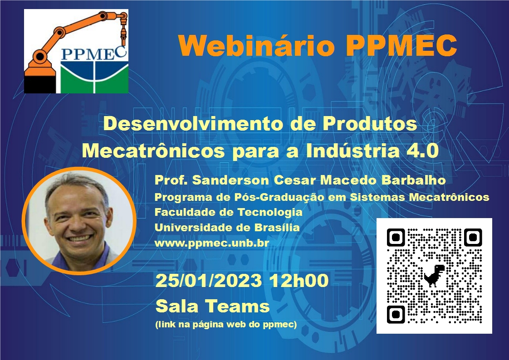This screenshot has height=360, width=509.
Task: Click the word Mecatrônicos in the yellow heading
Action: click(153, 151)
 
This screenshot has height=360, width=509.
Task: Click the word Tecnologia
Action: click(270, 213)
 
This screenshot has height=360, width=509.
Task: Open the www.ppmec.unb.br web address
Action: click(212, 243)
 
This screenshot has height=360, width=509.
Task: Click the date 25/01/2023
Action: click(209, 281)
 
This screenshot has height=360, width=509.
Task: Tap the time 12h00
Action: click(299, 281)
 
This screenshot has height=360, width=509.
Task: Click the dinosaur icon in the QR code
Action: click(434, 276)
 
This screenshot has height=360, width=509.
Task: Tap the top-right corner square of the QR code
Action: click(473, 238)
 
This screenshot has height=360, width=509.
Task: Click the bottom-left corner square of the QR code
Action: click(396, 314)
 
